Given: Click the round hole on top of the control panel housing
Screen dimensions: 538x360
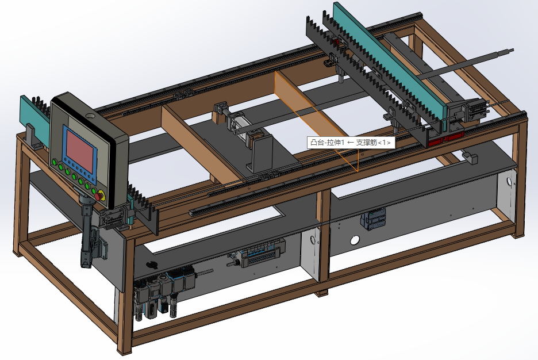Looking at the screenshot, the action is pyautogui.click(x=90, y=116).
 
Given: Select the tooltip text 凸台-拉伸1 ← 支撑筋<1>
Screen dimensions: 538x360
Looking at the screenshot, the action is pyautogui.click(x=351, y=143).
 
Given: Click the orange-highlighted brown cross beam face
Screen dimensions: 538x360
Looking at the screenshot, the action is pyautogui.click(x=316, y=120).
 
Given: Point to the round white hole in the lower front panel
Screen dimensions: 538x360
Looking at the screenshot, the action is pyautogui.click(x=355, y=240).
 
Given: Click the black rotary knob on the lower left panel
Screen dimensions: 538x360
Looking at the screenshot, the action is pyautogui.click(x=151, y=265).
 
